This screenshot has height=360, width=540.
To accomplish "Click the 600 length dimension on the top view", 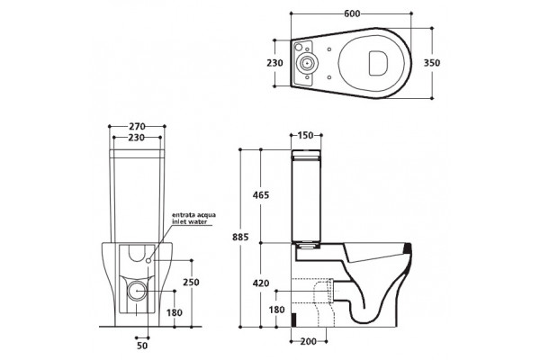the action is click(x=352, y=13).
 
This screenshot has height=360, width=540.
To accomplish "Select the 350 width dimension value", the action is click(x=431, y=63).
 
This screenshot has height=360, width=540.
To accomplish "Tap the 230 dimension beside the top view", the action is click(x=274, y=63).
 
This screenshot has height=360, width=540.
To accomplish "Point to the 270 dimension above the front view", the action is click(x=137, y=126).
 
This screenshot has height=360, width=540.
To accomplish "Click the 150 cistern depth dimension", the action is click(x=305, y=135).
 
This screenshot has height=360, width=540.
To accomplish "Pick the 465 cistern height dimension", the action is click(x=261, y=195).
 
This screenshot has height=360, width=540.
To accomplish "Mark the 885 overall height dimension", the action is click(x=240, y=237).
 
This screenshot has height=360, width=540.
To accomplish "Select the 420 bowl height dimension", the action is click(x=261, y=283).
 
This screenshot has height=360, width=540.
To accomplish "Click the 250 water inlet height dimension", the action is click(x=191, y=282).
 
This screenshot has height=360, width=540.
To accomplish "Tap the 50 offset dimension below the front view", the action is click(x=142, y=346).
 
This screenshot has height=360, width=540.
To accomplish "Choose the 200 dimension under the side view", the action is click(x=308, y=341).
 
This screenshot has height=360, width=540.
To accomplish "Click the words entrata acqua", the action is click(x=193, y=215).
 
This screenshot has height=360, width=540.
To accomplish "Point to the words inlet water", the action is click(x=189, y=221).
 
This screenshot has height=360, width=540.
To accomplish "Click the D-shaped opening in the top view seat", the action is click(x=378, y=63).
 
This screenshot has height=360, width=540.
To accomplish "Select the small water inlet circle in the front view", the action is click(x=148, y=261).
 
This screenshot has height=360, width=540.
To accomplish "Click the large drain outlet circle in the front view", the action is click(x=137, y=291).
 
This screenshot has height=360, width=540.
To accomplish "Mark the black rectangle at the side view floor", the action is click(x=293, y=320).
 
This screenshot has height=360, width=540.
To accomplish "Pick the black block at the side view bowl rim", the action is click(x=408, y=248).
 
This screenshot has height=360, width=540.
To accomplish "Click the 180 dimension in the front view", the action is click(x=175, y=313).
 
